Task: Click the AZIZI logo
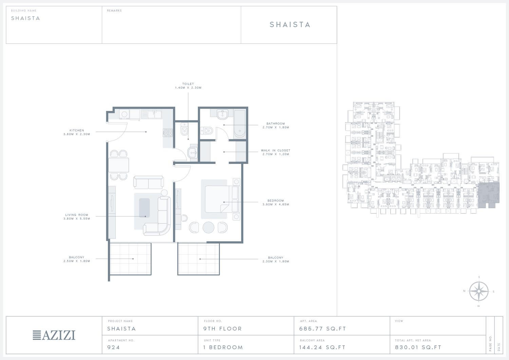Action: pos(54,335)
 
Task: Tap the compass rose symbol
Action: pos(479,291)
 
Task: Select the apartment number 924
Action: pos(113,347)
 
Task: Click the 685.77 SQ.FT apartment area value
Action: pos(322,329)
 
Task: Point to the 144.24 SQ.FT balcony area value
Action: pos(322,347)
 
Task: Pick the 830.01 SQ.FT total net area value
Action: pos(418,347)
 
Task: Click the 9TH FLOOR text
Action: pos(223,329)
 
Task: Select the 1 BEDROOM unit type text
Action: pos(223,347)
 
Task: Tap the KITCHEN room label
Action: pos(77,130)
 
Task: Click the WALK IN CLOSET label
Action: pos(276,150)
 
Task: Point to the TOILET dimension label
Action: pos(188,86)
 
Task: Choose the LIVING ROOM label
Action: pos(77,215)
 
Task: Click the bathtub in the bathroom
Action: pos(240,124)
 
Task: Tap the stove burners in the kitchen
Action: pos(168,133)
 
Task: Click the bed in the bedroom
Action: pos(220,199)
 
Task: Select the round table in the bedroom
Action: pos(208,227)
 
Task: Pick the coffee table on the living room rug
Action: pos(144,208)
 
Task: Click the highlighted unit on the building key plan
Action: pos(489,195)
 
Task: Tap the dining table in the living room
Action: pos(119,165)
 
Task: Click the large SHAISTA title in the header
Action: pos(290,24)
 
